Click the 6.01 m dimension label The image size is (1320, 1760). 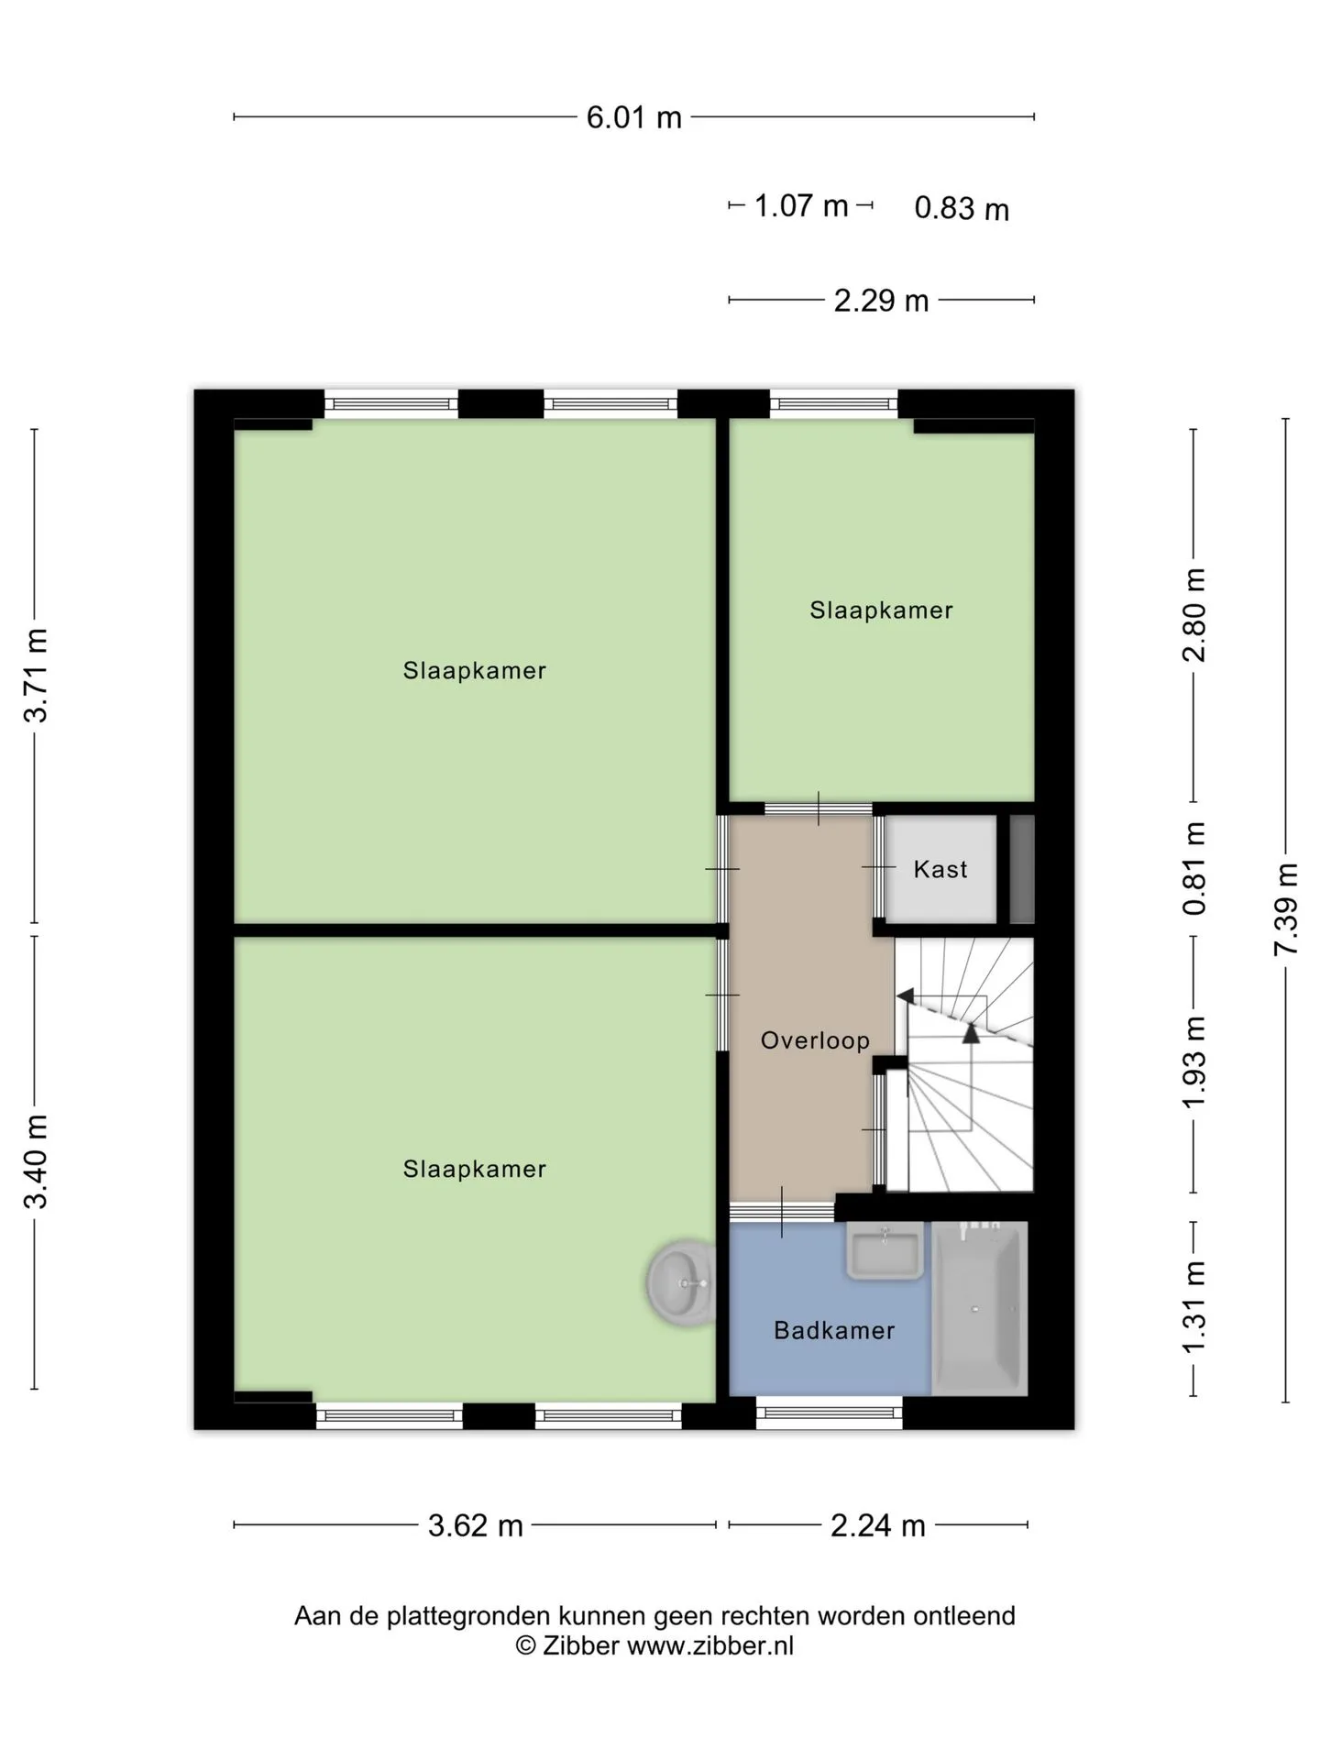pos(634,117)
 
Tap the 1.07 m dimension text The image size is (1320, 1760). pos(801,205)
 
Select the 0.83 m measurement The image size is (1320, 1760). pos(962,208)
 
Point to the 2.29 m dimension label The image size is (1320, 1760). pos(881,301)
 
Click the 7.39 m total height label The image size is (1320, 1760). pos(1286,909)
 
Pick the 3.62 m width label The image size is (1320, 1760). pos(476,1525)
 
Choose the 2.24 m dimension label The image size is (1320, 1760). pos(878,1525)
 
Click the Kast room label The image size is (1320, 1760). pos(940,869)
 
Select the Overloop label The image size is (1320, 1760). pos(815,1040)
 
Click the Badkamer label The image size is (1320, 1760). pos(834,1330)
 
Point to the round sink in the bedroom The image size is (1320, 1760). pos(681,1283)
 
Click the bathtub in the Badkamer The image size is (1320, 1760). pos(980,1309)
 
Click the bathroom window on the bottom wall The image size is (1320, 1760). pos(830,1413)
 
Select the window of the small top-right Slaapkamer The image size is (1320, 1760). pos(833,403)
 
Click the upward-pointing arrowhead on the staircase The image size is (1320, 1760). pos(971,1033)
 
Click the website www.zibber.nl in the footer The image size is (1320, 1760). pos(710,1645)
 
